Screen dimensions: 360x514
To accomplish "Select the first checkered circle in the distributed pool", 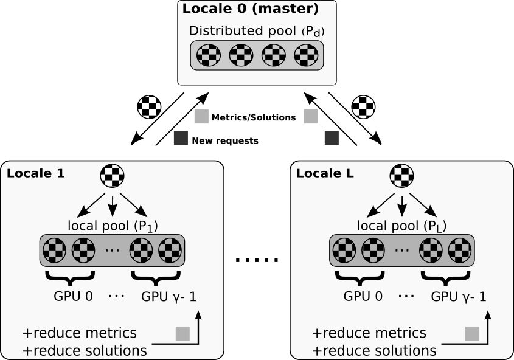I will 208,56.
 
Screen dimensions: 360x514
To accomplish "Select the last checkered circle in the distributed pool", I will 306,56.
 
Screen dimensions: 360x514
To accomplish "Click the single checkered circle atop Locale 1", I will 112,176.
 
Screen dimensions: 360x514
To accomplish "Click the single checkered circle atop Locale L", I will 401,176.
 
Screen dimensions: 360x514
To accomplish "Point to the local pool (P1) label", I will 113,226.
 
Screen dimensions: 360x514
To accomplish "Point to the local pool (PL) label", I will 402,226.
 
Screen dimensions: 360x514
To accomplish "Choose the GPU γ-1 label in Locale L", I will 459,297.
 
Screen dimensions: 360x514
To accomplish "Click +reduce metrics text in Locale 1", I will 80,333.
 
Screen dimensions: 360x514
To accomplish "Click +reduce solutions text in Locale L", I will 374,351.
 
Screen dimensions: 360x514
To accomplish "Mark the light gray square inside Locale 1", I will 182,333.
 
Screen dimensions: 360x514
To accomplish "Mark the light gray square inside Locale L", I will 472,333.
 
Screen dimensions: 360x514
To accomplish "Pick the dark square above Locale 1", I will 181,138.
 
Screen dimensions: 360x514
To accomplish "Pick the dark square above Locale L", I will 332,138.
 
